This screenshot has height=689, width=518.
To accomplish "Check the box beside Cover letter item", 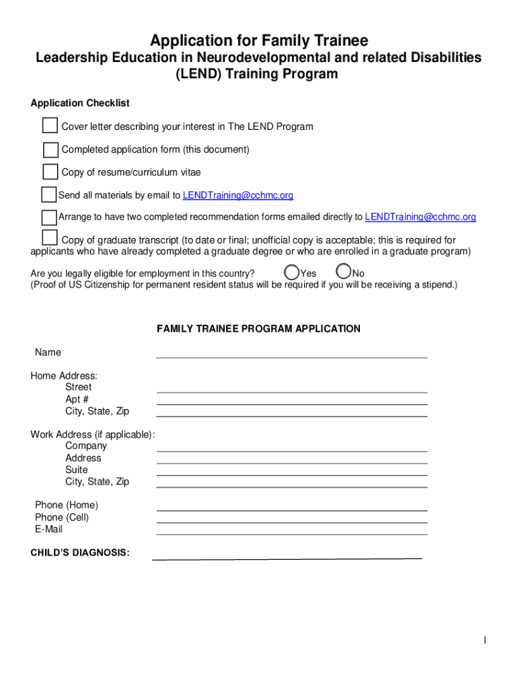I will tap(50, 126).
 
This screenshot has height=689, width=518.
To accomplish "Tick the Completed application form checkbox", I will tap(50, 149).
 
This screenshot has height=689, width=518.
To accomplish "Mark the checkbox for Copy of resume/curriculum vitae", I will tap(50, 172).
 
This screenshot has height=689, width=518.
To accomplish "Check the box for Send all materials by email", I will tap(48, 195).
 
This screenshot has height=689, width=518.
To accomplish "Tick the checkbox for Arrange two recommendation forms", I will tap(48, 217).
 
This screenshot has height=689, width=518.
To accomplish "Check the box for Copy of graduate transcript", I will tap(49, 238).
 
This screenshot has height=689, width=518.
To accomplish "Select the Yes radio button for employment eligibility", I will tap(291, 273).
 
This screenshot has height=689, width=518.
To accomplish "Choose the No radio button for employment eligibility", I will tap(343, 272).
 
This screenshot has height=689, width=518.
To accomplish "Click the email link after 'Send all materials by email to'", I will tap(238, 196).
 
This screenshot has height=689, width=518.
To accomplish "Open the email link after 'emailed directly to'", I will tap(420, 217).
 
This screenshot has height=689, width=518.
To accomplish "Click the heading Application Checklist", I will tap(80, 104).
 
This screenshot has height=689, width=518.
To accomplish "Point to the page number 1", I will tap(484, 641).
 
